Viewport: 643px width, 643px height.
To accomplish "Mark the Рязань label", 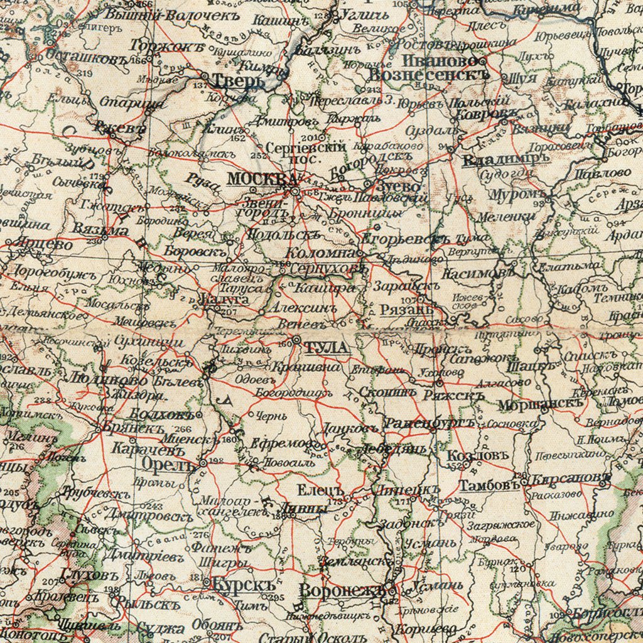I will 406,310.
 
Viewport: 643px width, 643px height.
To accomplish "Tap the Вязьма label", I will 100,230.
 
